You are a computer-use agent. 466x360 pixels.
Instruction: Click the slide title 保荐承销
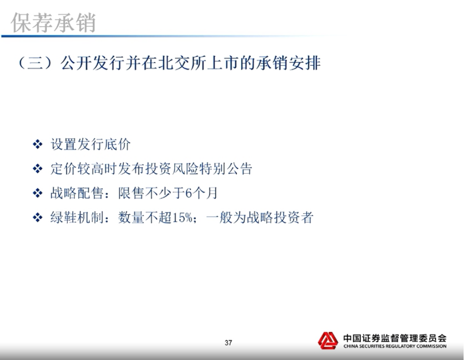53,23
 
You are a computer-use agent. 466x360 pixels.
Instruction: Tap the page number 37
228,343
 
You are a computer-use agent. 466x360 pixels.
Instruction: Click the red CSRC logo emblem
328,340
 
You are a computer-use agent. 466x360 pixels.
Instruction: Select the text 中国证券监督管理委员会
395,338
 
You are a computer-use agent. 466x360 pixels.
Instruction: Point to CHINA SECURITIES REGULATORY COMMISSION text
395,346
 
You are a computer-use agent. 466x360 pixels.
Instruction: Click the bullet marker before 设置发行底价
38,145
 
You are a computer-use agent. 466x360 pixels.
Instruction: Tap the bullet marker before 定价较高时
38,169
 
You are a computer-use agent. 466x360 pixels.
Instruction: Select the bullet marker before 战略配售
38,194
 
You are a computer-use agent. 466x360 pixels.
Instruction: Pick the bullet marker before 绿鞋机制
38,218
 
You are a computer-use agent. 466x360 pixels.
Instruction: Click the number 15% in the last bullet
182,218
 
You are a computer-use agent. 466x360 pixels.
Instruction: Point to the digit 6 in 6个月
189,194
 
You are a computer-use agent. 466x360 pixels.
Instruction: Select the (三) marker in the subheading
36,63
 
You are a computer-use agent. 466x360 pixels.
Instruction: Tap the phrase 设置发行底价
91,145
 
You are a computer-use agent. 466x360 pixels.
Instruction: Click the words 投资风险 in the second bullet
172,169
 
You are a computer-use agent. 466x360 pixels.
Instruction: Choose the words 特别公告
226,169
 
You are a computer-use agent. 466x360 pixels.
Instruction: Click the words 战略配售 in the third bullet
77,194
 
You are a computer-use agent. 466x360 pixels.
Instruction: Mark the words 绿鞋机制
77,218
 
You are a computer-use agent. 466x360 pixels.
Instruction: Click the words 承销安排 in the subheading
288,63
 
